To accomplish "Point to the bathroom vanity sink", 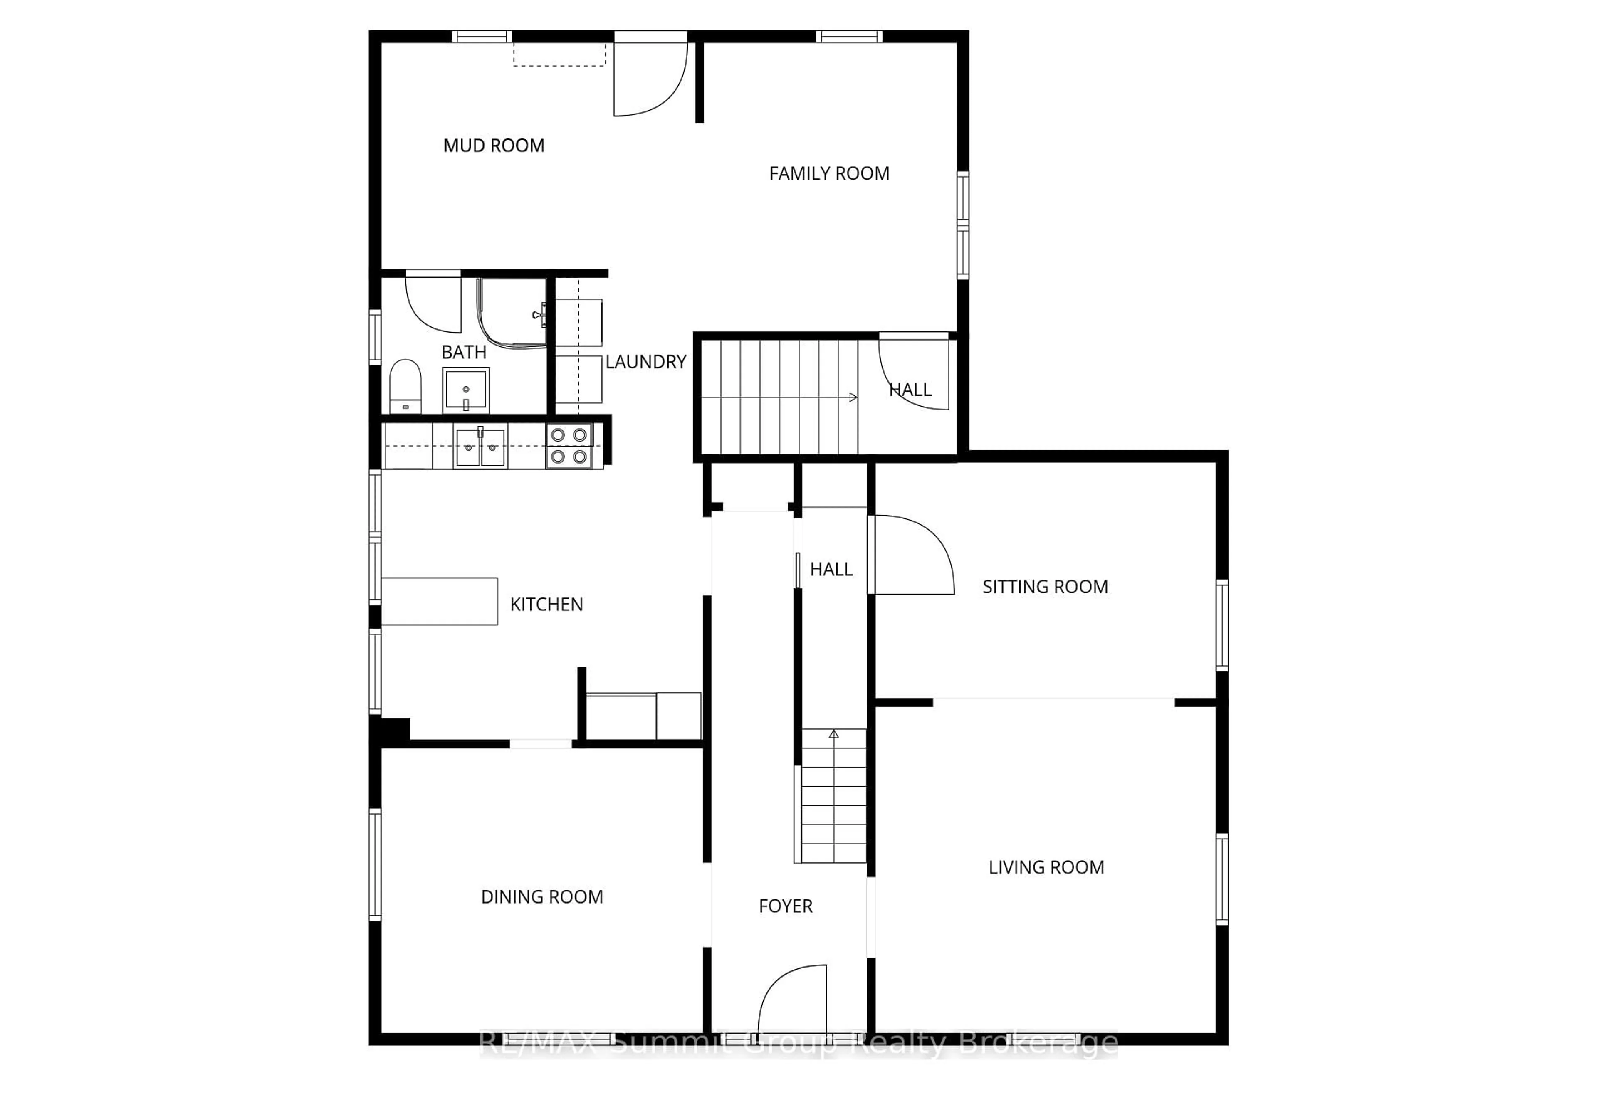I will tap(466, 390).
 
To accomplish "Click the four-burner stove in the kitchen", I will tap(569, 446).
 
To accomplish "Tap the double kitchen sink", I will tap(480, 447).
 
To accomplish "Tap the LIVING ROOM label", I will tap(1046, 868).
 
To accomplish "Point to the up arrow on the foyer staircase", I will tap(833, 735).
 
